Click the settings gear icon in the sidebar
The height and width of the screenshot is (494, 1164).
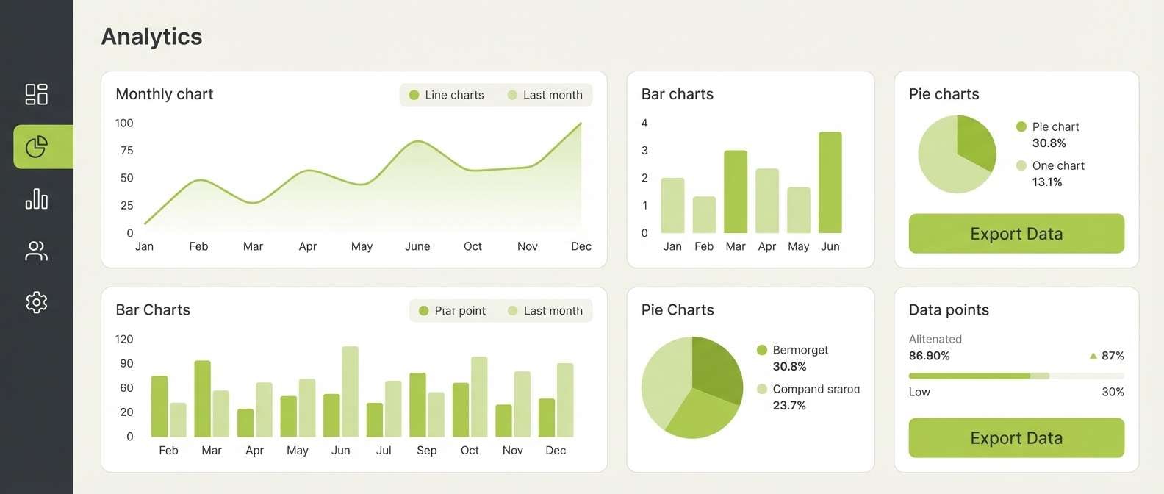[36, 302]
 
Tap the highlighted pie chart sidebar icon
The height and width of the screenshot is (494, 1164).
[37, 147]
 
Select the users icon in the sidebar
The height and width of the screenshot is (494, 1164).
[36, 251]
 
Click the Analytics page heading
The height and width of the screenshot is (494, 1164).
[151, 37]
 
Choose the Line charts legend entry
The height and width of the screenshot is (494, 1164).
[447, 95]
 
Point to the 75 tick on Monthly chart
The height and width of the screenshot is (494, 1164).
[126, 151]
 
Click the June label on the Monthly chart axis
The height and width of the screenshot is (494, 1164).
[417, 246]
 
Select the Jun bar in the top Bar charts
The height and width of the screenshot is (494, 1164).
[830, 182]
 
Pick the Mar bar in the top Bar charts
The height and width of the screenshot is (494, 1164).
[736, 191]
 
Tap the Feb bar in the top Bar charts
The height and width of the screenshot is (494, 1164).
[704, 215]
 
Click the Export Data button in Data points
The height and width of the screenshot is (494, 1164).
[1016, 438]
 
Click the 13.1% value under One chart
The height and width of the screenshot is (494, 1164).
[1046, 182]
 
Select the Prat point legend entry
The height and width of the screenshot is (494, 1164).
[452, 311]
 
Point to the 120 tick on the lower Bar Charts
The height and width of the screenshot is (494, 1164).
[124, 339]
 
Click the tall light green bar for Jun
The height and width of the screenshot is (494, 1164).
[350, 392]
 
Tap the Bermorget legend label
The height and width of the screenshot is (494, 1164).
[800, 350]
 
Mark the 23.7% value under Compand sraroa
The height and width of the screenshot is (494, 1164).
[789, 406]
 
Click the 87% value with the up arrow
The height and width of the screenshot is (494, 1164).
[1112, 356]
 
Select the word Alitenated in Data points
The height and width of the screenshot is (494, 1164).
[935, 339]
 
